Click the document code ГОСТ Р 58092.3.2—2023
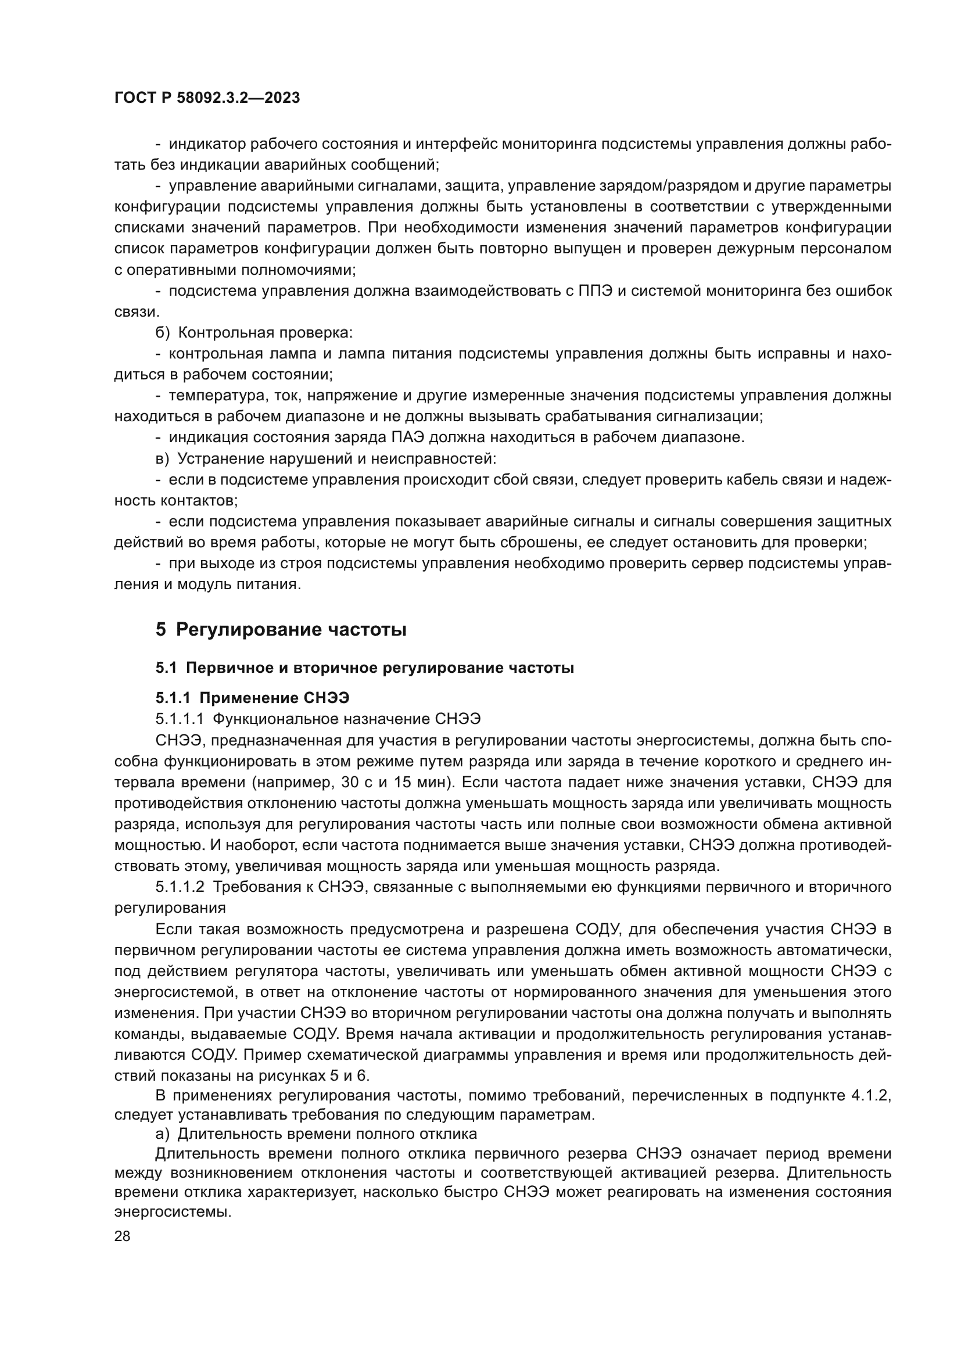[207, 98]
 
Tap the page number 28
[122, 1236]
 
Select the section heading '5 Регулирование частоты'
[281, 629]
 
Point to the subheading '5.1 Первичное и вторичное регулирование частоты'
[364, 668]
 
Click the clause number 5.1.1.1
[180, 719]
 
